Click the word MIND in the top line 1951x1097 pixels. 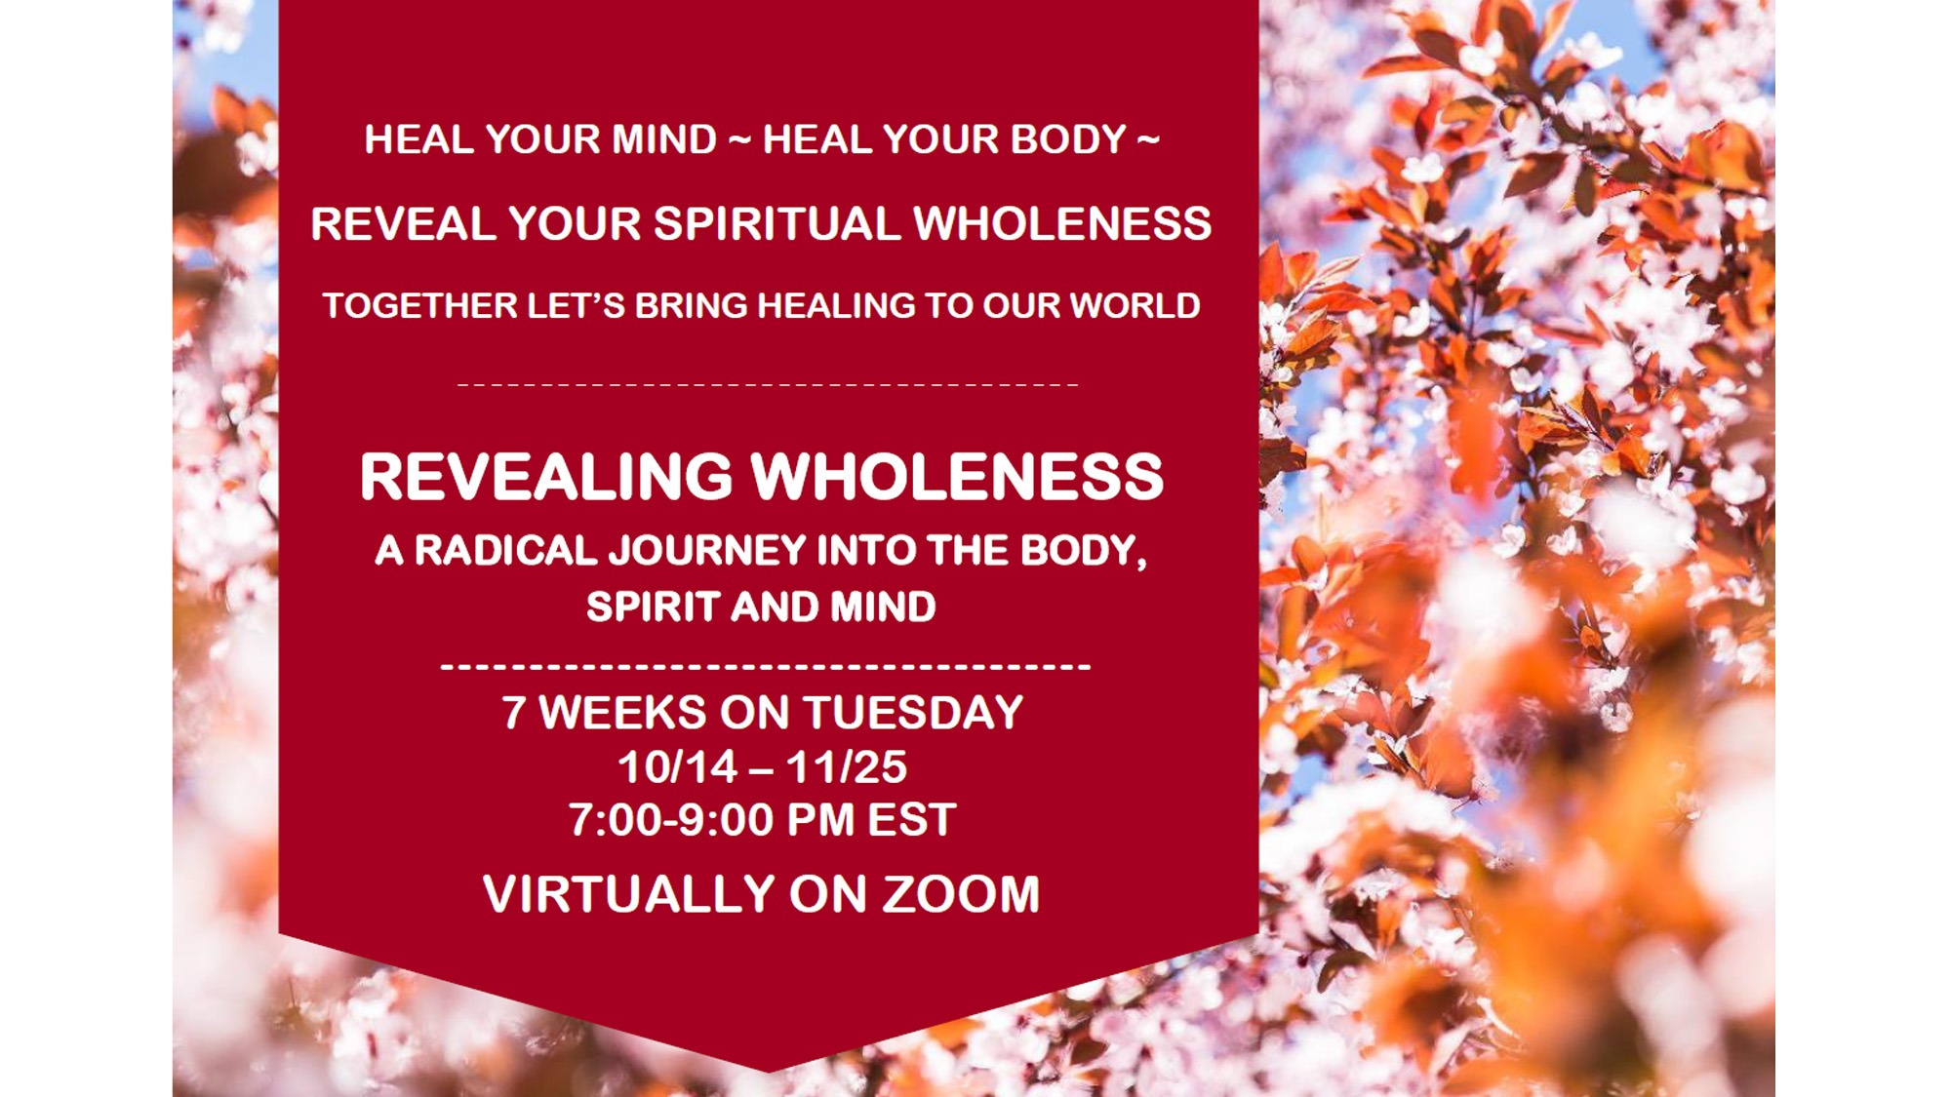tap(664, 139)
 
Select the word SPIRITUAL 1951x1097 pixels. tap(776, 223)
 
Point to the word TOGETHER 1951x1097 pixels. tap(420, 305)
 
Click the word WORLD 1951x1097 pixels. tap(1135, 305)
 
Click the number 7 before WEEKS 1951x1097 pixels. tap(514, 712)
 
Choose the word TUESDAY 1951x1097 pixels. tap(913, 712)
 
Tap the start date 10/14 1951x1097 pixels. tap(678, 766)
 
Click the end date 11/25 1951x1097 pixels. tap(847, 766)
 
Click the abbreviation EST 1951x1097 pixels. tap(911, 819)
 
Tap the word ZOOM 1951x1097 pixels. tap(962, 894)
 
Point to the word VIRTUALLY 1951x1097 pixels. tap(629, 894)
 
